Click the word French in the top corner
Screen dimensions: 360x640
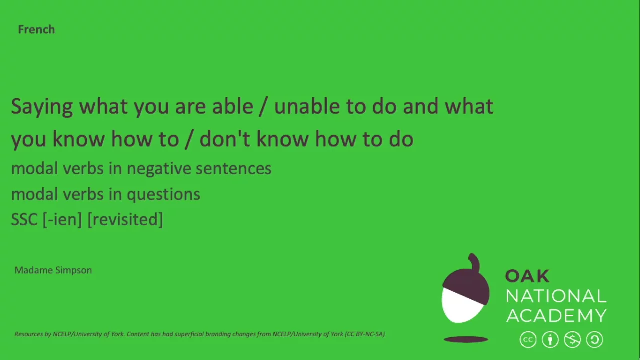click(x=36, y=29)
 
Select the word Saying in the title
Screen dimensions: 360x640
click(x=42, y=107)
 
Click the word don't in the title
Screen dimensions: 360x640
click(x=225, y=139)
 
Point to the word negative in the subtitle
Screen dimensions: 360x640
click(x=159, y=169)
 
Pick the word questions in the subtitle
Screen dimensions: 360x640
click(x=163, y=194)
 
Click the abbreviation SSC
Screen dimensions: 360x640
click(x=24, y=219)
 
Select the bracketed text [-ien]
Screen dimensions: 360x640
click(x=62, y=219)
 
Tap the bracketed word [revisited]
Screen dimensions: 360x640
click(x=125, y=219)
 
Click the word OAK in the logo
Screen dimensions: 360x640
click(x=527, y=276)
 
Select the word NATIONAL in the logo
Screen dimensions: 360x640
click(x=556, y=296)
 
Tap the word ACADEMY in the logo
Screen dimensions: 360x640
click(x=556, y=315)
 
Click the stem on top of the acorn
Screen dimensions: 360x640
click(x=473, y=262)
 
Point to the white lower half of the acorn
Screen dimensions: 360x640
click(x=460, y=306)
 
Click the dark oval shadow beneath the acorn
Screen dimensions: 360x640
click(x=466, y=340)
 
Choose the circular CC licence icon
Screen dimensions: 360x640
click(x=528, y=340)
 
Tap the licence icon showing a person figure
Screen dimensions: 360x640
click(x=550, y=340)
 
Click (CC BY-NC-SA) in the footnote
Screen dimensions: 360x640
click(x=365, y=334)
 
